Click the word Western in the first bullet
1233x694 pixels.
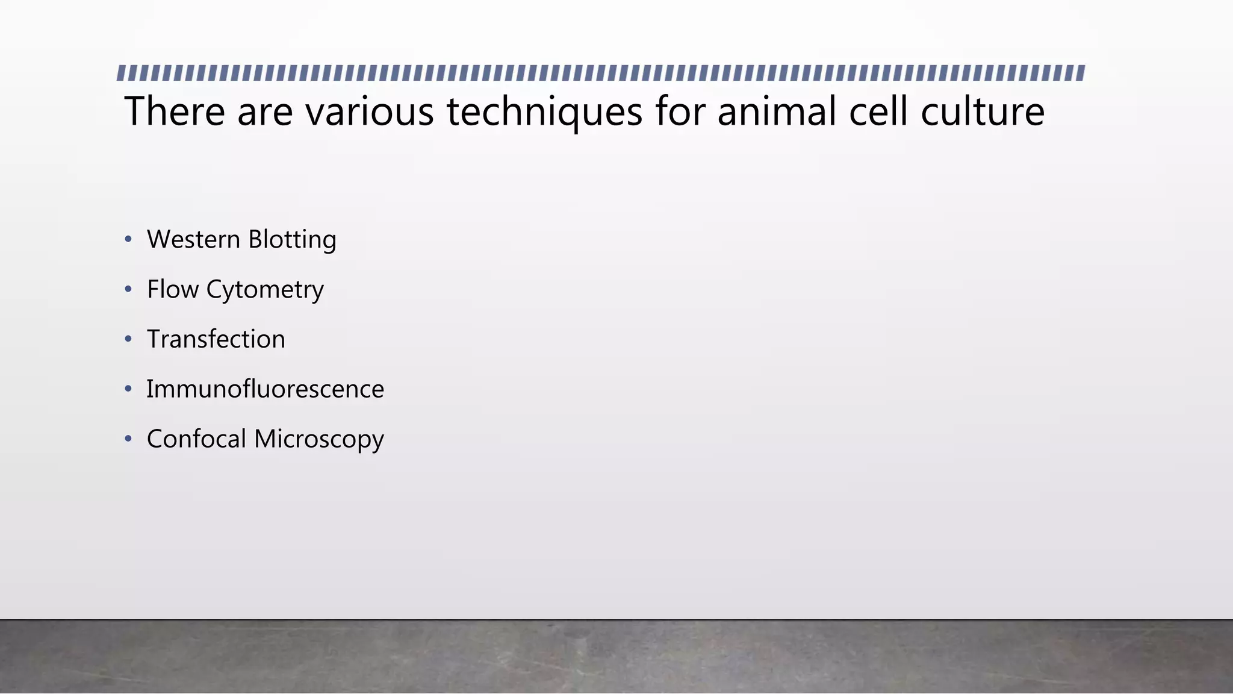point(194,240)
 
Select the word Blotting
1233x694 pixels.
point(292,240)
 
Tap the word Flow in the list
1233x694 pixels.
point(173,290)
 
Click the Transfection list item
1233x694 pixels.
point(216,339)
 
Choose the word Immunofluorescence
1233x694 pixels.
point(265,389)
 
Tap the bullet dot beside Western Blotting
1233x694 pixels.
point(128,240)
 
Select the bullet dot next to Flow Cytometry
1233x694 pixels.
point(128,290)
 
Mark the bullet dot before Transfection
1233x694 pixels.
point(128,339)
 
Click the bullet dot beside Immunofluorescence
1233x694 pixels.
point(128,389)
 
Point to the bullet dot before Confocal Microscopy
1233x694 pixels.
point(128,439)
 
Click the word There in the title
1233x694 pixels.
point(175,111)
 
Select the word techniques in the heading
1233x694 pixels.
point(544,113)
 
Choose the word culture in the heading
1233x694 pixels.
point(983,111)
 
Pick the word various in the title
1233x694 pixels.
point(369,111)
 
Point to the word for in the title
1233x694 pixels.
point(680,111)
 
